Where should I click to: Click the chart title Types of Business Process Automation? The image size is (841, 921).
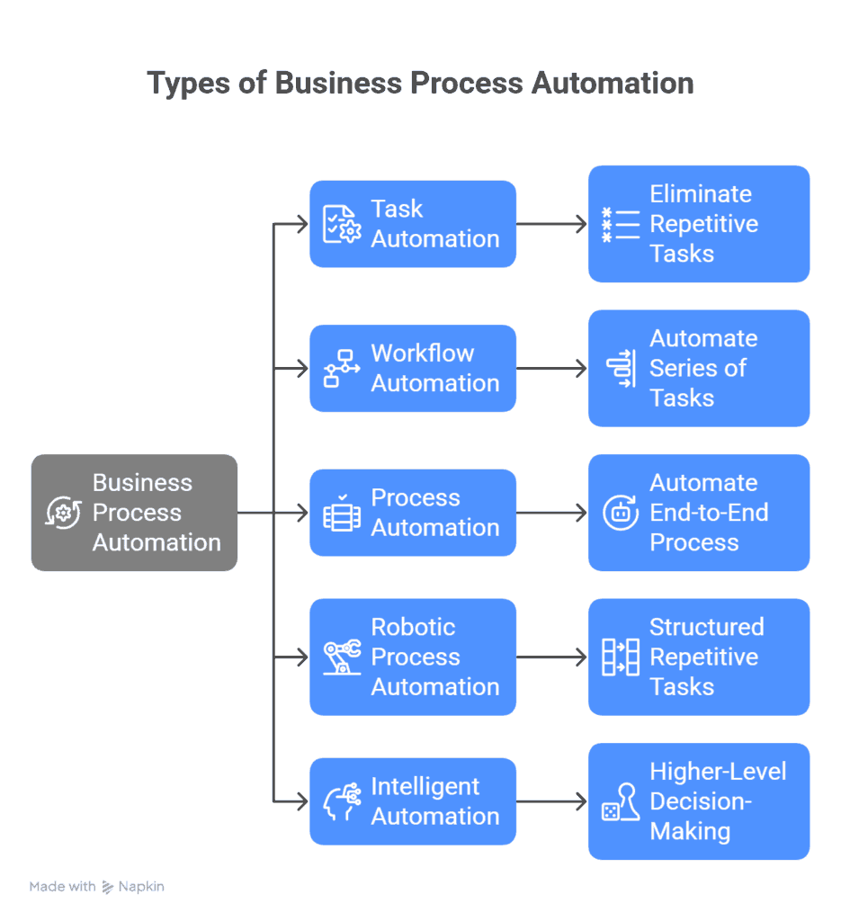click(x=420, y=83)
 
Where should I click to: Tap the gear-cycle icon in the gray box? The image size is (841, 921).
click(x=63, y=513)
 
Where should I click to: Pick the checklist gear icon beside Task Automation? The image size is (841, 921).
click(x=341, y=225)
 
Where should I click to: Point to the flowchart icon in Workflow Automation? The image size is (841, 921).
click(x=341, y=369)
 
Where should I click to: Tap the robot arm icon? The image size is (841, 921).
click(x=341, y=657)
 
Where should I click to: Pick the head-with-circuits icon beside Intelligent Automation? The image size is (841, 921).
click(x=341, y=801)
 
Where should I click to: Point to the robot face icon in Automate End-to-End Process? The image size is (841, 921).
click(x=621, y=513)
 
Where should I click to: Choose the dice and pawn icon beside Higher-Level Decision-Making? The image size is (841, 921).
click(x=621, y=802)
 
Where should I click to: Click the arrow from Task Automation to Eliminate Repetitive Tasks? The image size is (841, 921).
click(x=551, y=224)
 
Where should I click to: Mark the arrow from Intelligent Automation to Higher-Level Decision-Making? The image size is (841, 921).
click(x=551, y=801)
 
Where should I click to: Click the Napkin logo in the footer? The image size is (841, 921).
click(x=133, y=887)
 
